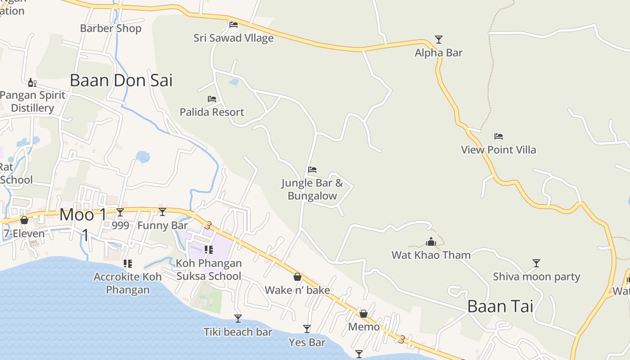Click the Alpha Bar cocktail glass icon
point(438,40)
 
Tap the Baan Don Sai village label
point(121,81)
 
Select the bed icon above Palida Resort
point(211,99)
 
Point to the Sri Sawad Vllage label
point(234,38)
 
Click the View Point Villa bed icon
point(498,136)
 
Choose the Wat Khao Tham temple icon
point(431,242)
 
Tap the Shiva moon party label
point(536,277)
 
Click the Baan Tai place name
point(500,306)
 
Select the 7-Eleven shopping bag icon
point(24,220)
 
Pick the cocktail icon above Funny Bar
point(162,212)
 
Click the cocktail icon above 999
point(120,212)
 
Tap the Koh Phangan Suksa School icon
point(208,249)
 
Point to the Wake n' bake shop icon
point(297,277)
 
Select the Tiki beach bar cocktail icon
point(238,319)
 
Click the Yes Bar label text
point(307,342)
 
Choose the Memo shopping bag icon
point(363,314)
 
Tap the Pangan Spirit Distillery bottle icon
point(32,82)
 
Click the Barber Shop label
point(111,28)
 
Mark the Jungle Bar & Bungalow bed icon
point(312,170)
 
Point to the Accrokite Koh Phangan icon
point(127,263)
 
